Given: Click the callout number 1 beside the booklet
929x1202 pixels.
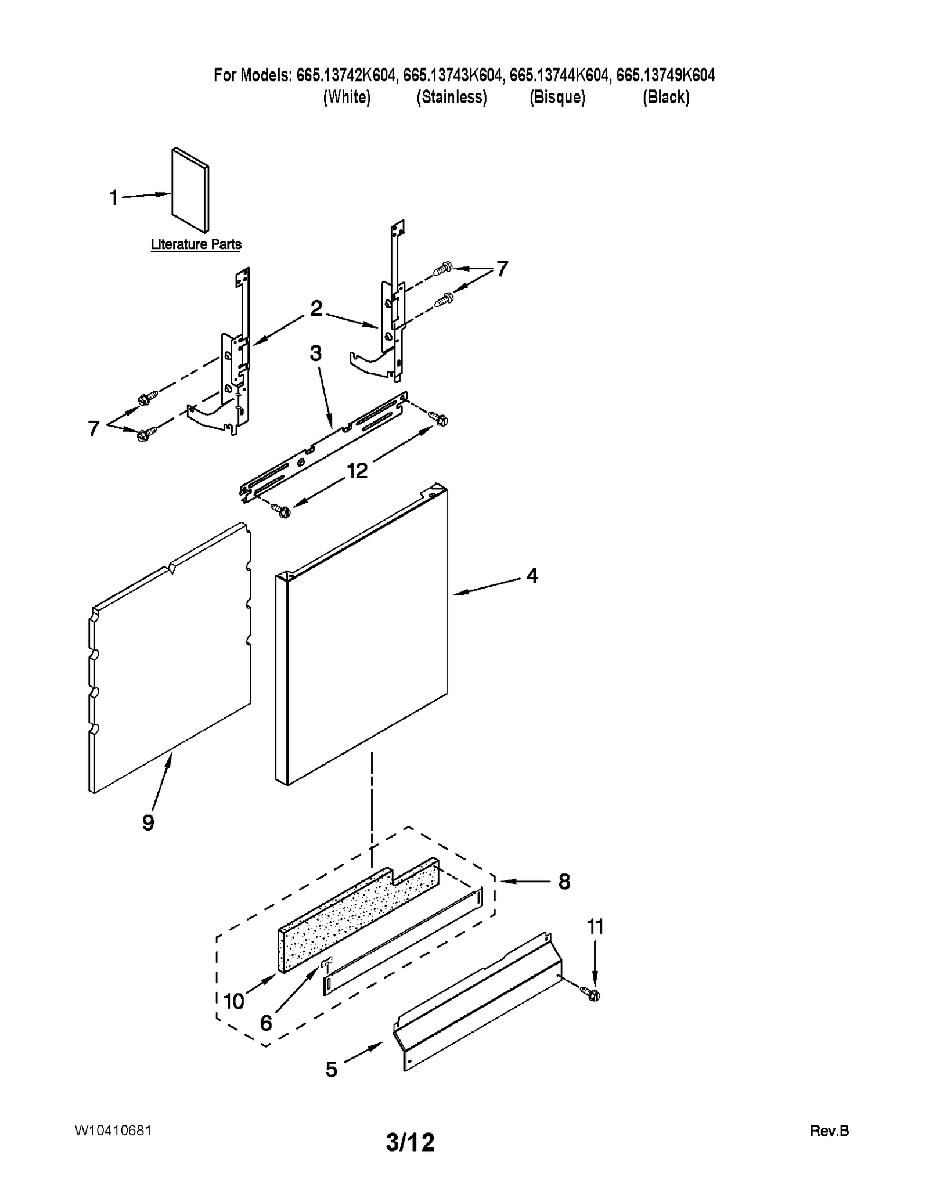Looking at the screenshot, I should coord(114,198).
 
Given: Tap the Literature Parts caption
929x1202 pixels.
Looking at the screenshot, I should coord(196,244).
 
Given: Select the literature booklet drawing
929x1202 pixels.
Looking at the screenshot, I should coord(190,190).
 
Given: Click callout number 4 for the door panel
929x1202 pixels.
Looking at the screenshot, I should coord(532,575).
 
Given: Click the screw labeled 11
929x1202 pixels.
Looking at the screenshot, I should coord(593,995).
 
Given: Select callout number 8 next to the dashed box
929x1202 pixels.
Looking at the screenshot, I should coord(564,882).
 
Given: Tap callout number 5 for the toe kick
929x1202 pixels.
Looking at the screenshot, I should coord(331,1069).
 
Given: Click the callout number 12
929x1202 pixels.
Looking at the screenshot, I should coord(357,471).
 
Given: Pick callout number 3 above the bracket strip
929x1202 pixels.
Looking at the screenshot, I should coord(315,353).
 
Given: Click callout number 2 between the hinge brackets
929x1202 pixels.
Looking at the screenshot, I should coord(316,308).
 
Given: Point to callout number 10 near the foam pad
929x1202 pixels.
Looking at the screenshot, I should coord(234,1001).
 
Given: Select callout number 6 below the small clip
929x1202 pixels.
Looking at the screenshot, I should coord(266,1023).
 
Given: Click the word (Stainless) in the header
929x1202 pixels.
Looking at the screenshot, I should coord(451,97).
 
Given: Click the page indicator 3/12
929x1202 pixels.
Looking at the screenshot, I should coord(410,1142).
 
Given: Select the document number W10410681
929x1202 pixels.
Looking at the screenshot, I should coord(113,1130).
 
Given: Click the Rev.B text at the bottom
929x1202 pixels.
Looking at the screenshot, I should coord(829,1131).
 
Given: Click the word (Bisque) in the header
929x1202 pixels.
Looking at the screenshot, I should coord(557,97).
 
